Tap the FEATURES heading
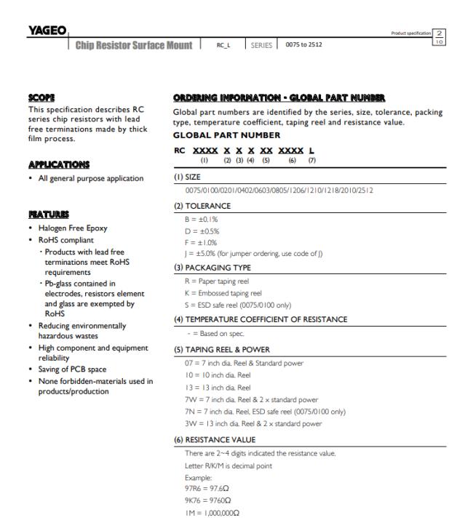(x=45, y=215)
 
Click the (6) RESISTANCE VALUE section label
(x=216, y=440)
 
